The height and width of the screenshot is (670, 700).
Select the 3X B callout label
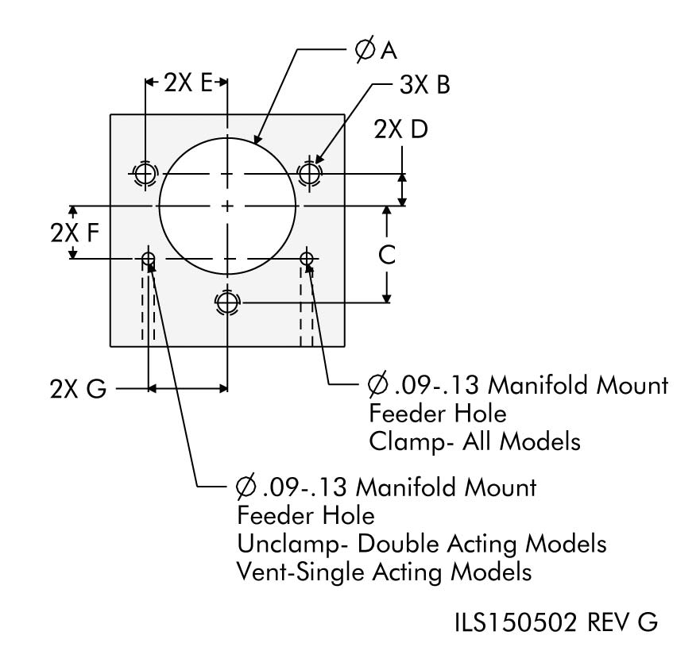(x=424, y=86)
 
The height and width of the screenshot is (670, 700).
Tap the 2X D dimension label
(x=400, y=129)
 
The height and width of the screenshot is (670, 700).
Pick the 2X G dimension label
(x=77, y=390)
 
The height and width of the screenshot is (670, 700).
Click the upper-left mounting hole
(x=145, y=172)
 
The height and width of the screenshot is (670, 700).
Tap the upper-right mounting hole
(x=309, y=172)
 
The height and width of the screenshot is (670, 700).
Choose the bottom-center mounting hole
(x=227, y=302)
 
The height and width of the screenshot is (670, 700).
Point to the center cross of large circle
(x=227, y=206)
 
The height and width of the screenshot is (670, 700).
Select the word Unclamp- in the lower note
(x=292, y=544)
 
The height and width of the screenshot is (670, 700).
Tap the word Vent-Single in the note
(x=298, y=571)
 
